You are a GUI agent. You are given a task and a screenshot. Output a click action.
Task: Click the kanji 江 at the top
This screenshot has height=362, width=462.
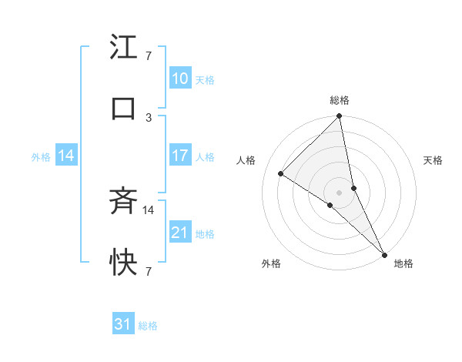123,49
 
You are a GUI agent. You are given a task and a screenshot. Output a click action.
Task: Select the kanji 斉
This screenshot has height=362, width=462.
123,203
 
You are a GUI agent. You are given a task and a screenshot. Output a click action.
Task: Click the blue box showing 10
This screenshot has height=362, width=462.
179,79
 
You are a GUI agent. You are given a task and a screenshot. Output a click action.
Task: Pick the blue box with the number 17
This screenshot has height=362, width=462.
179,156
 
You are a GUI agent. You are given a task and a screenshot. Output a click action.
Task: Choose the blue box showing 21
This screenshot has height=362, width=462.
179,233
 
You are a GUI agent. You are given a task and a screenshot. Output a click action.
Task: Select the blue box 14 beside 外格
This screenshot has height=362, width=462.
66,156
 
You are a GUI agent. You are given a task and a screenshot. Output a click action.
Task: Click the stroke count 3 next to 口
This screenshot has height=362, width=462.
149,117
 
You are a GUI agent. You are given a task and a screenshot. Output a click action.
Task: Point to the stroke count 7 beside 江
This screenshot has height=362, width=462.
149,55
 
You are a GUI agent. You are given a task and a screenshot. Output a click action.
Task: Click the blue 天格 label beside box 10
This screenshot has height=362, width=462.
205,80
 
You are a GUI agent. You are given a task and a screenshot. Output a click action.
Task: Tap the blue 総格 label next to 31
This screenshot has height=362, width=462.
148,327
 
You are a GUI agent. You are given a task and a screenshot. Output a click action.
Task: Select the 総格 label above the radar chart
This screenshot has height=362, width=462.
340,100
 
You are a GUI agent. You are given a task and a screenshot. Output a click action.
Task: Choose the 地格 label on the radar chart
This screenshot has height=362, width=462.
403,263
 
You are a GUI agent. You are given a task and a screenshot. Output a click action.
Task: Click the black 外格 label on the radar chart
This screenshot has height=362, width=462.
271,263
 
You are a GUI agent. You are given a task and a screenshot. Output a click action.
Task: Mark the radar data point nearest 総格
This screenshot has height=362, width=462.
340,117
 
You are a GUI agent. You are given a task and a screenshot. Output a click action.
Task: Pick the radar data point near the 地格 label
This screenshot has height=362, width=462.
384,253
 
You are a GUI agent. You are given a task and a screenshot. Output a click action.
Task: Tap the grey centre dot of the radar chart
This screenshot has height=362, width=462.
340,192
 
